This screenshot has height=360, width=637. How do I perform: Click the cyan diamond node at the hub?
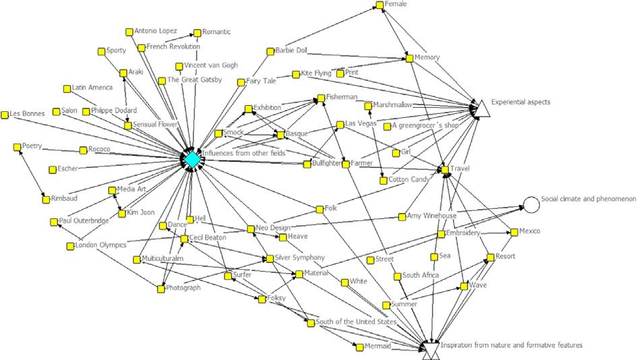192,159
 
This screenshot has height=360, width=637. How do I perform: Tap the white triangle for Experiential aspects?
483,108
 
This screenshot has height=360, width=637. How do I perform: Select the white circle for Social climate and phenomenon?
531,204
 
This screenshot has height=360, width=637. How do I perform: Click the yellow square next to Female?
380,5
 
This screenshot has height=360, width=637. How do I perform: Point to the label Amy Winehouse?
432,216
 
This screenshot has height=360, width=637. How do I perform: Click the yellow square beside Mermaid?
357,347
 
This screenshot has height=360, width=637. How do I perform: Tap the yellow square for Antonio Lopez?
129,31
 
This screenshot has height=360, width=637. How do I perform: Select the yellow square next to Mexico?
514,231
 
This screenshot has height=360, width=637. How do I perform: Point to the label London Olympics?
101,245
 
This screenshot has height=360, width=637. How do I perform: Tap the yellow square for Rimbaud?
46,199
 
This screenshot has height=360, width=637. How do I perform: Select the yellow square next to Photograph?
160,289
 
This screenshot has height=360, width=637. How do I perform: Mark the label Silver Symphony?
300,258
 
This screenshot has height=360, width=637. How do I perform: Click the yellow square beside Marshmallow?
368,106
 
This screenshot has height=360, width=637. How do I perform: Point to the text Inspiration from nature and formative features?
512,345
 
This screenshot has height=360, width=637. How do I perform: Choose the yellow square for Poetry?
17,146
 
